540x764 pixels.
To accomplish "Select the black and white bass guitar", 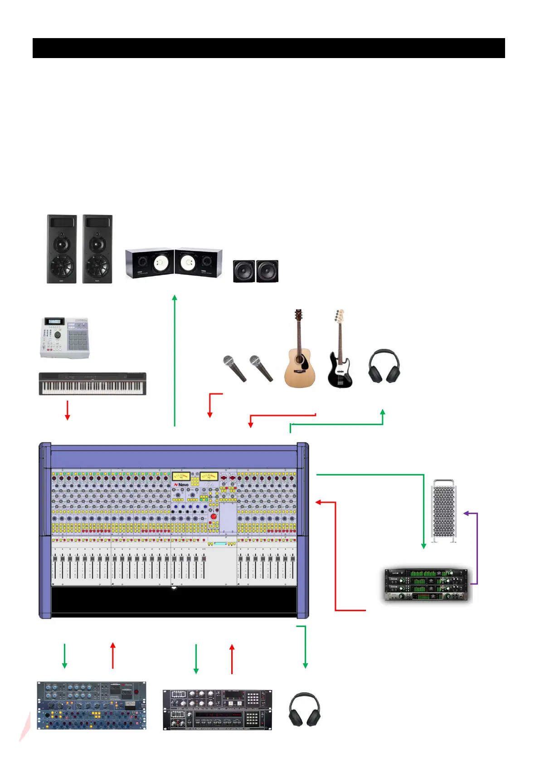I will (339, 358).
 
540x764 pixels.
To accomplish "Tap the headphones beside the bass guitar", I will (384, 367).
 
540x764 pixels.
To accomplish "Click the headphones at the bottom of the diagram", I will (304, 709).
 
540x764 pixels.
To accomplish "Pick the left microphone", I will (234, 368).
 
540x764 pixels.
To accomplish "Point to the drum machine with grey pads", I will (64, 338).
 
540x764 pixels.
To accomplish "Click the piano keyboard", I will (92, 384).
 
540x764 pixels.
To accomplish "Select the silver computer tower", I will (444, 510).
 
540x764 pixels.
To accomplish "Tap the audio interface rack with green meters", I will (426, 584).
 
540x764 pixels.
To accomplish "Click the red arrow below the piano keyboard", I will (67, 410).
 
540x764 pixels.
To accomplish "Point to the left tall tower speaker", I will (62, 249).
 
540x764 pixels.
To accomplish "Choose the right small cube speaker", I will (268, 271).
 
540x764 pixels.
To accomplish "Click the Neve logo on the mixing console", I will (181, 485).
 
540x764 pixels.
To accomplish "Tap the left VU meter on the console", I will (181, 477).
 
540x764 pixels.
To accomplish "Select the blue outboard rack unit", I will (92, 705).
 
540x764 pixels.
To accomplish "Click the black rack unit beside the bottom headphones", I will (217, 710).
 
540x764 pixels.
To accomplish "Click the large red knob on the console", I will (213, 517).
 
